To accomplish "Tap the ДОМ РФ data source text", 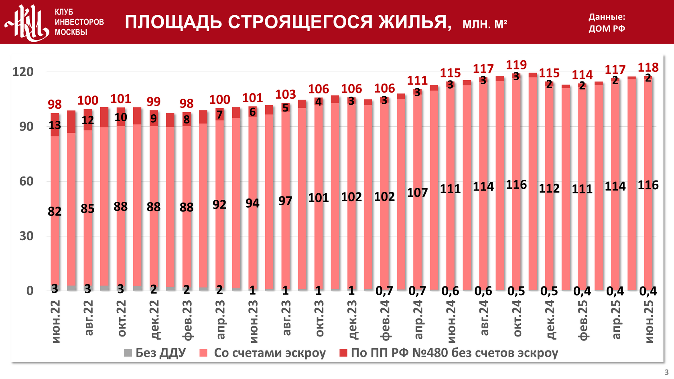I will pos(607,28).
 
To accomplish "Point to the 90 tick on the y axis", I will pos(26,127).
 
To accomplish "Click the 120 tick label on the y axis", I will pos(23,72).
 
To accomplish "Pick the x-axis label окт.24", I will pos(517,319).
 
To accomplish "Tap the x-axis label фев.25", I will pos(583,320).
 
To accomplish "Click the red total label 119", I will pos(516,65).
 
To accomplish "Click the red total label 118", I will pos(648,67).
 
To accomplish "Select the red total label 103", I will pos(285,94).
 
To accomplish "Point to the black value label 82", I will pos(55,211).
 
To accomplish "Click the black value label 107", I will pos(417,193).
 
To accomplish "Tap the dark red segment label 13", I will pos(55,125).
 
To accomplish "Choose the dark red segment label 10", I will pos(120,117).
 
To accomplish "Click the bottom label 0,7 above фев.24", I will pos(384,291).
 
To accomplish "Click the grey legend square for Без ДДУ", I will pos(128,353).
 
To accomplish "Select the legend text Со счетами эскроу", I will pos(270,353).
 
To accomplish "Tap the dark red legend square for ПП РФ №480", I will pos(343,353).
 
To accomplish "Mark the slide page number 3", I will pos(666,372).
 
